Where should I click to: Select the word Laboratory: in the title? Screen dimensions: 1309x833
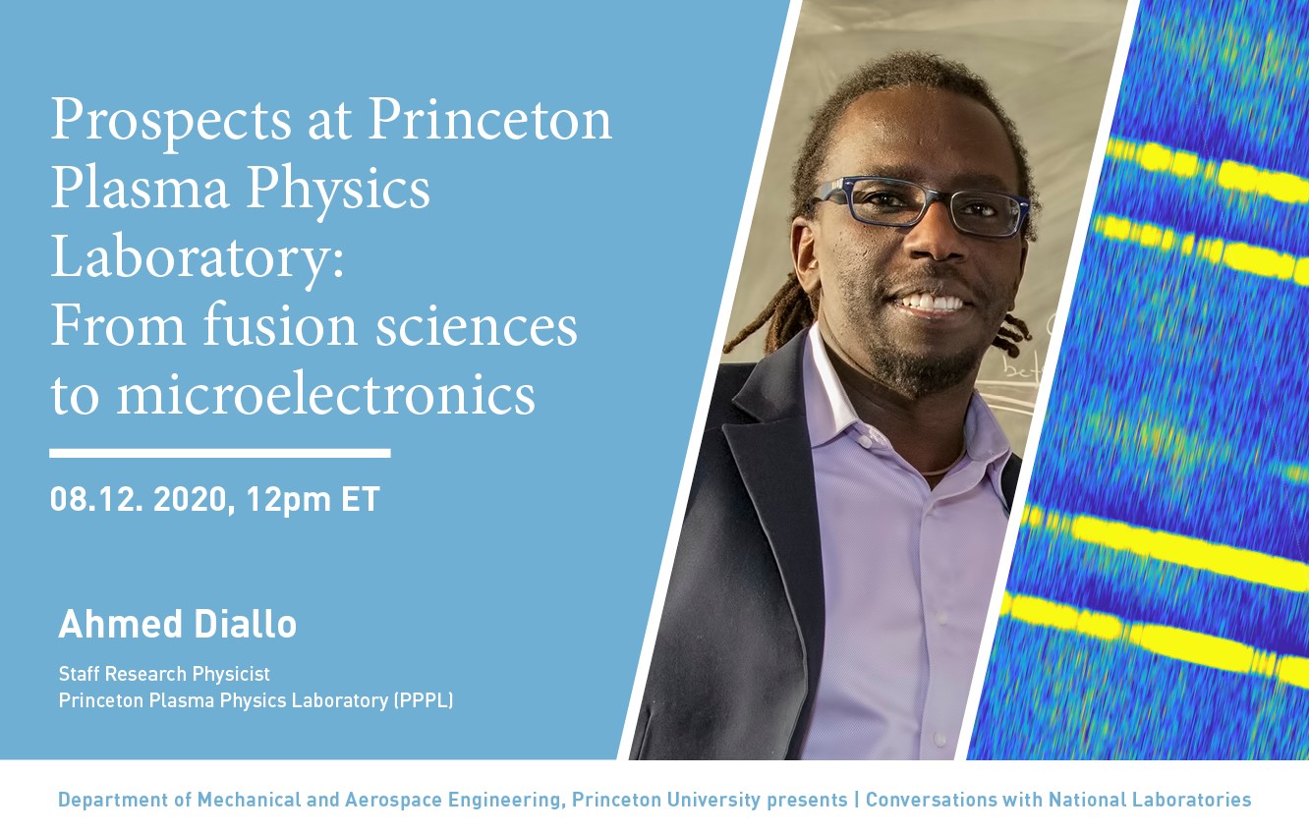[198, 258]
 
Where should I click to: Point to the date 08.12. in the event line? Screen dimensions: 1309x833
[96, 499]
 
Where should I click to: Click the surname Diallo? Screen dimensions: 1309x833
[246, 624]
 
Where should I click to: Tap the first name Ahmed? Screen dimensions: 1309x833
[120, 624]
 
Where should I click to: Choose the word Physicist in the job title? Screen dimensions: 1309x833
[231, 674]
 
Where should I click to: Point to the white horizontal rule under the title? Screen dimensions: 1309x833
[220, 453]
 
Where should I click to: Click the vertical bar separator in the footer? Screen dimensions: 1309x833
[857, 800]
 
